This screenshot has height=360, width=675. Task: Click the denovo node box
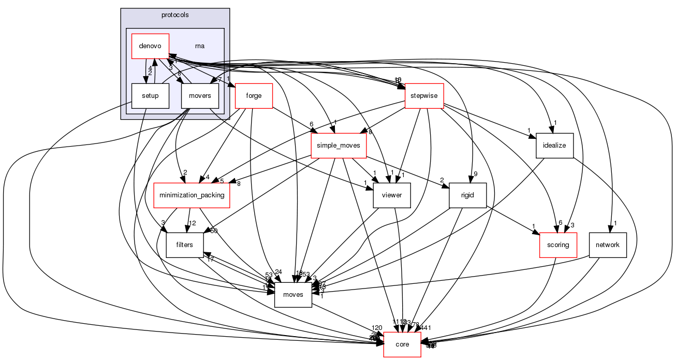pos(150,46)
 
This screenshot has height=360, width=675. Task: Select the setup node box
pos(150,95)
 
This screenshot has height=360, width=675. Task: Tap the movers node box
pos(200,95)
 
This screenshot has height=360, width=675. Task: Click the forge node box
pos(254,96)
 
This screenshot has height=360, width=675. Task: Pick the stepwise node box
pos(424,96)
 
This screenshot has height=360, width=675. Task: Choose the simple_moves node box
pos(338,146)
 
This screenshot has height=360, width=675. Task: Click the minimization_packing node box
pos(192,195)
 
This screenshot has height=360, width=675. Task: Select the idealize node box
pos(554,146)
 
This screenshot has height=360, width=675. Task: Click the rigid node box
pos(467,195)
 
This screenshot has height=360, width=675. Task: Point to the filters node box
pos(184,244)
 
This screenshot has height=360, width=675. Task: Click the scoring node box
pos(558,244)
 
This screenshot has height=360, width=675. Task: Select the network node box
pos(608,244)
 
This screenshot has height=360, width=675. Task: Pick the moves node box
pos(293,294)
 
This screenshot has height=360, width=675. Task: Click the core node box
pos(402,344)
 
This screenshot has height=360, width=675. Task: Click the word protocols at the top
pos(175,15)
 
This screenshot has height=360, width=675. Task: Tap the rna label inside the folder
pos(199,46)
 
